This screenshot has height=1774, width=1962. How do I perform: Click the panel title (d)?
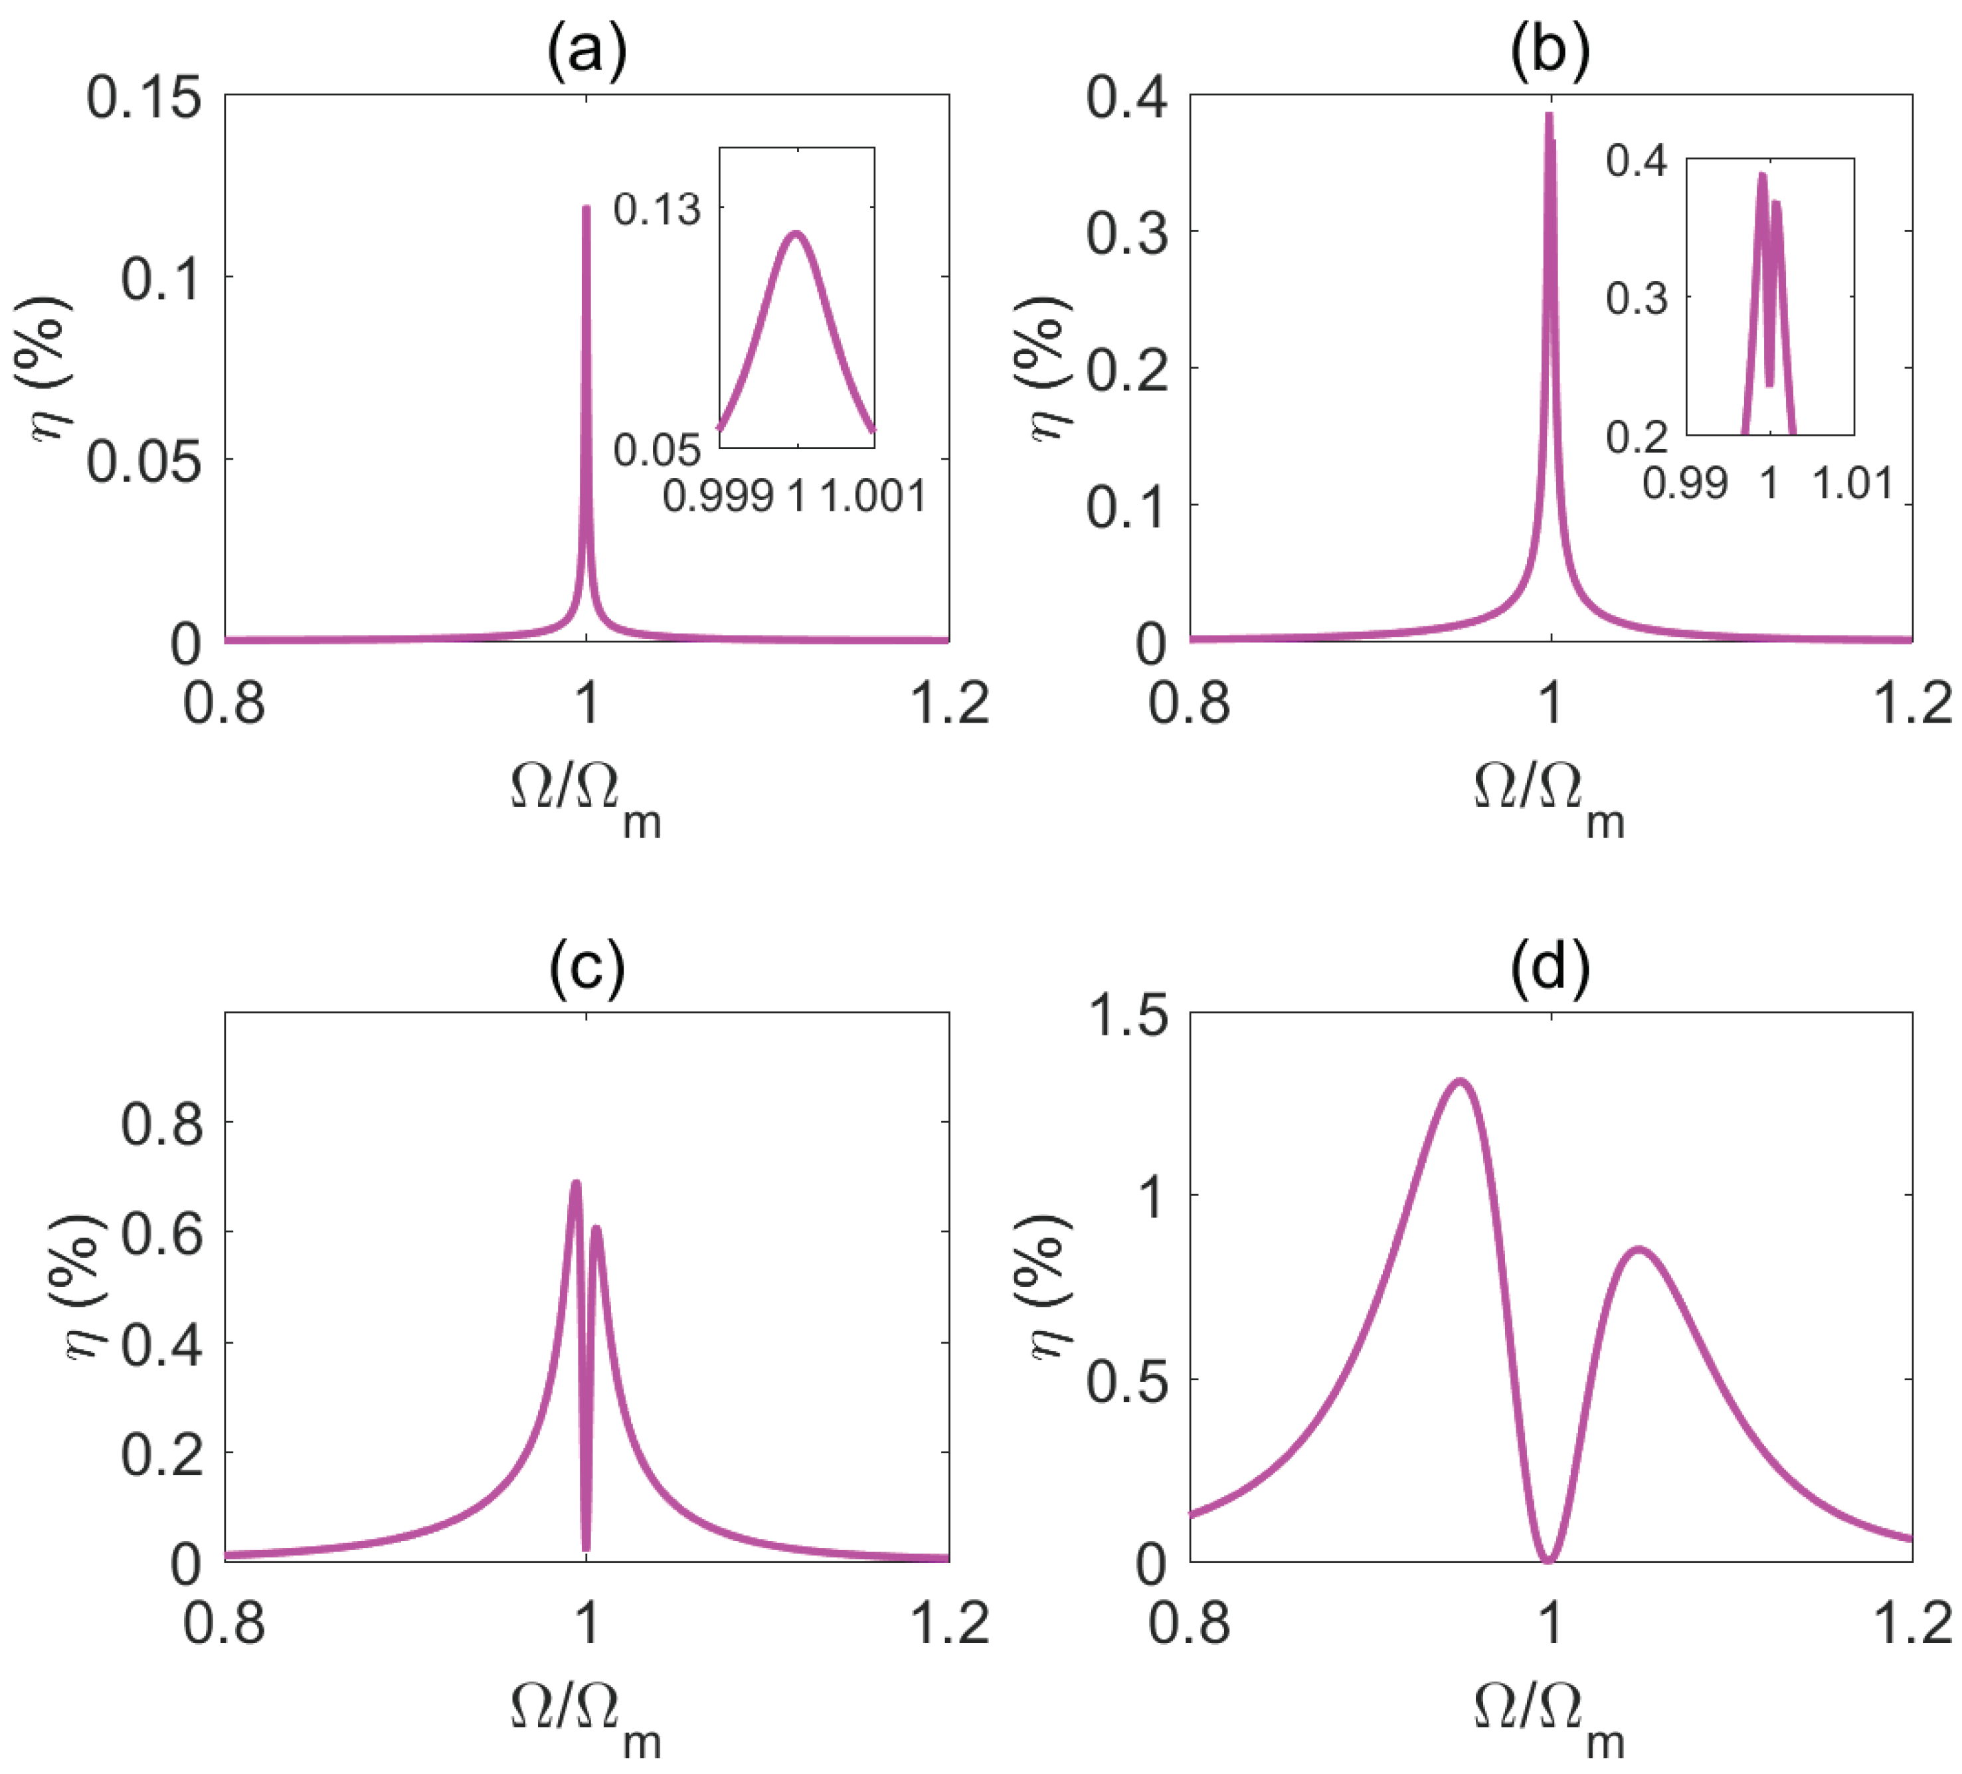click(1550, 968)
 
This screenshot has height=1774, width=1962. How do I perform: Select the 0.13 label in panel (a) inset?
click(657, 210)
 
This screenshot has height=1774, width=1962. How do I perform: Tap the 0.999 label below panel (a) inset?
click(718, 496)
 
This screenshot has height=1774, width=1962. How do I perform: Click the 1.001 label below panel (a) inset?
click(873, 496)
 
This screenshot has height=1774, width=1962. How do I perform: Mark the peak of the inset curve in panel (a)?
click(796, 234)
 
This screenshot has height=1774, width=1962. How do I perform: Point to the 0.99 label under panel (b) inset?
click(1684, 484)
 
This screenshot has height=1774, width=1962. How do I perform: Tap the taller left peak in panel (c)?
click(575, 1184)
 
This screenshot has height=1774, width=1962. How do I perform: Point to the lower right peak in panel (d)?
click(1640, 1249)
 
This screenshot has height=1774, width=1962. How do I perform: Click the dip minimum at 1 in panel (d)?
click(1548, 1560)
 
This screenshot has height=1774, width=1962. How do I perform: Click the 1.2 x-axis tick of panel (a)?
click(949, 703)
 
